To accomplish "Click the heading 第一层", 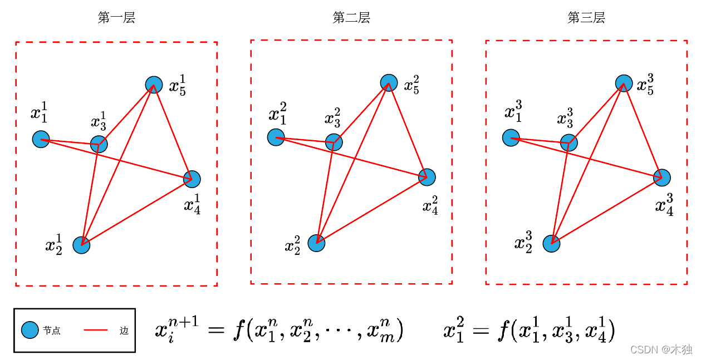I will (x=116, y=18).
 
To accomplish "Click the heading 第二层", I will (x=351, y=18).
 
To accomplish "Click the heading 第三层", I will (x=586, y=18).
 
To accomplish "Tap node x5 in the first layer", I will (x=154, y=84).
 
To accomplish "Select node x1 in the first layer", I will (x=41, y=139).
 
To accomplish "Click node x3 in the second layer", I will (x=334, y=142).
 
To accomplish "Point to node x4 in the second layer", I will (x=427, y=177).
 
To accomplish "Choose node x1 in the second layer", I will (x=276, y=137).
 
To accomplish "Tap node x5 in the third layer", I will (x=624, y=83).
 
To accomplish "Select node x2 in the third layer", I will (x=551, y=243).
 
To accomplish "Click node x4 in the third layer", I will (x=662, y=177).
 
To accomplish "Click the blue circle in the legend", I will (x=30, y=331).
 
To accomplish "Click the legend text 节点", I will (x=51, y=331).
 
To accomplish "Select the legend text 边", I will (x=124, y=331).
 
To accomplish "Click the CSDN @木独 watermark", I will (x=661, y=349).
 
